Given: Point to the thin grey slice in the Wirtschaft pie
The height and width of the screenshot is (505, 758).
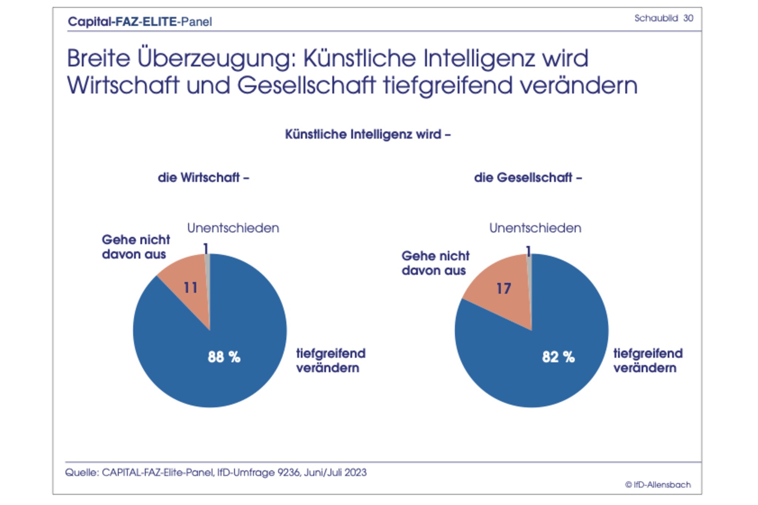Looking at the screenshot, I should click(x=208, y=274).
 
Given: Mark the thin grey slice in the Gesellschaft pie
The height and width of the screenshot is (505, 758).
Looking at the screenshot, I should click(x=530, y=274).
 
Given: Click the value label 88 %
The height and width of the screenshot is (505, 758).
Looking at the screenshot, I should click(x=224, y=357).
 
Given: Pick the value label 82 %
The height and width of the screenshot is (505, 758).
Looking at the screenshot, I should click(x=558, y=357).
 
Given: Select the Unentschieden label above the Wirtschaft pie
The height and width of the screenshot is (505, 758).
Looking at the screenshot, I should click(x=233, y=228).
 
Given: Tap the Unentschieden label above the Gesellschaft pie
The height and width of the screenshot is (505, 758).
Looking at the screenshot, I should click(x=535, y=228).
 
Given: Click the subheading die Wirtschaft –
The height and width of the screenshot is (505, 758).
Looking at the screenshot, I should click(x=203, y=178).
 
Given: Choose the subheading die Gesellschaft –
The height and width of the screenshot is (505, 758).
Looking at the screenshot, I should click(x=528, y=178).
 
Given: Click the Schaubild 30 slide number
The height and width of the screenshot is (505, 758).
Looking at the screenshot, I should click(x=663, y=18).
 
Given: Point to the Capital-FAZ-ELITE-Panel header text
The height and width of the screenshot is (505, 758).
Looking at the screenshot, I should click(x=140, y=21).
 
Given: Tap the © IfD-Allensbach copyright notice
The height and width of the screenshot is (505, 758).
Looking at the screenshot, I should click(x=658, y=485).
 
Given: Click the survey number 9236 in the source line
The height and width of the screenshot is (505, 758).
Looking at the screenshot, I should click(x=289, y=472).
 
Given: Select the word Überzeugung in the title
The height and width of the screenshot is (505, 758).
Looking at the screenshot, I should click(x=217, y=59).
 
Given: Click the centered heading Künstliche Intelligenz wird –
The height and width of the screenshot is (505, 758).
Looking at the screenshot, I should click(x=368, y=134).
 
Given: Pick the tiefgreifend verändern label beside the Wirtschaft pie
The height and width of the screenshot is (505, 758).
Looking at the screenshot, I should click(x=331, y=361).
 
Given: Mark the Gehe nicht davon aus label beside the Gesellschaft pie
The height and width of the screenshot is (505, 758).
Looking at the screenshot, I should click(x=435, y=263).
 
